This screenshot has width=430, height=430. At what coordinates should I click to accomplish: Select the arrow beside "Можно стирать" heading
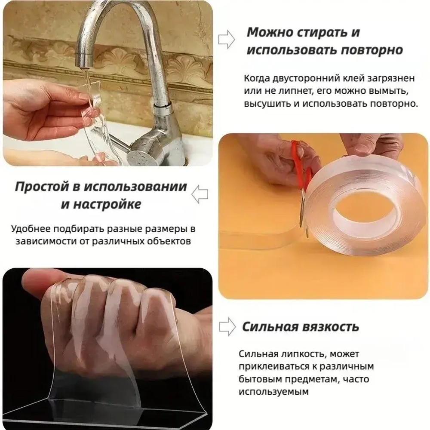tap(227, 40)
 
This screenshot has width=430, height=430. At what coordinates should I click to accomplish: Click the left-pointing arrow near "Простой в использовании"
tap(200, 195)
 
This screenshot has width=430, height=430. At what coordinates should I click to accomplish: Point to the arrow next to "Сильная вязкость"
tap(227, 327)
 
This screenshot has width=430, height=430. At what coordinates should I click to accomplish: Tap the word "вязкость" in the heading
tap(332, 326)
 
